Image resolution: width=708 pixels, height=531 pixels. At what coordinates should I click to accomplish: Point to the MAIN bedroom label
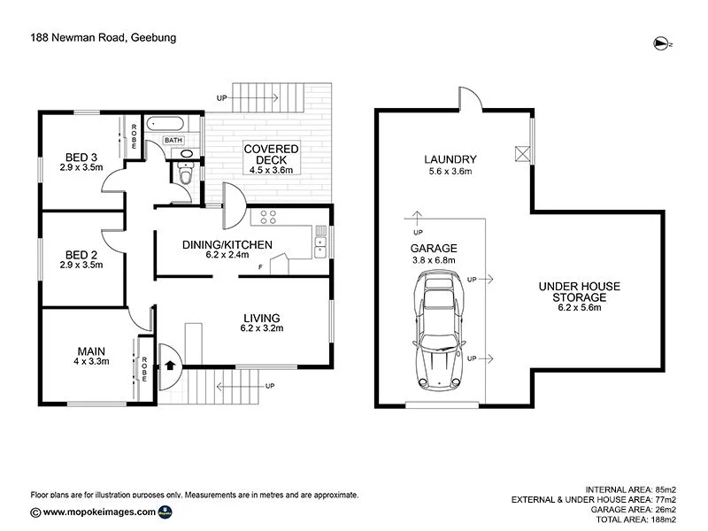coord(90,352)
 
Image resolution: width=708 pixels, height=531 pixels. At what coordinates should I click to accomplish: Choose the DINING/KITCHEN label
coord(227,245)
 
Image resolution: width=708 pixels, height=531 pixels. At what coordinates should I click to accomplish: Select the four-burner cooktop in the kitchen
coord(268,216)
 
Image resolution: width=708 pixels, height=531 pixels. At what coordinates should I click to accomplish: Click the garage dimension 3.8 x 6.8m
coord(434,261)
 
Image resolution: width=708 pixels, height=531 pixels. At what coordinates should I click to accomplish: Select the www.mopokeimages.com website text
coord(100,512)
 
